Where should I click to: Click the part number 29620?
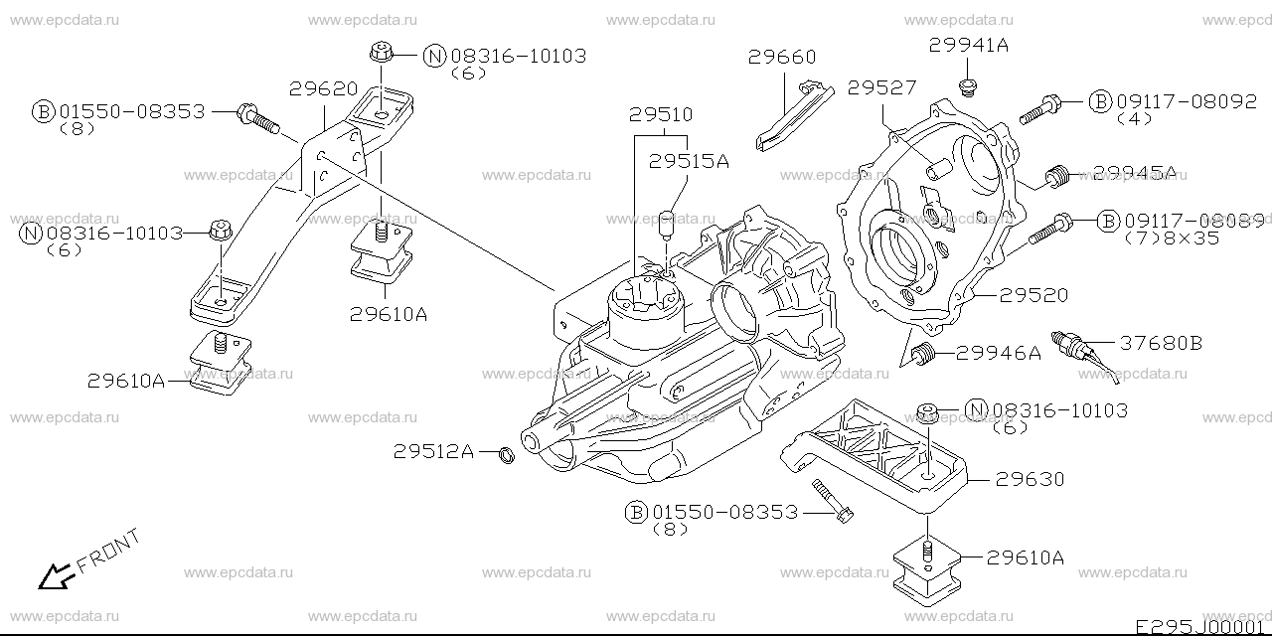[324, 88]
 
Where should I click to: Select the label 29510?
[661, 114]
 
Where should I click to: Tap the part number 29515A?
[689, 161]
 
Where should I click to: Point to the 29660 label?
[782, 57]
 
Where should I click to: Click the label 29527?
[881, 87]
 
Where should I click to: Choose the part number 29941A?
[969, 45]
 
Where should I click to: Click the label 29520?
[1033, 295]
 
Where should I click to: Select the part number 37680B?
[1162, 343]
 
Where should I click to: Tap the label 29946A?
[999, 353]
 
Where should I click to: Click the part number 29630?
[1031, 479]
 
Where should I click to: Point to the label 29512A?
[433, 451]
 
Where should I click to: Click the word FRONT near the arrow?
[108, 551]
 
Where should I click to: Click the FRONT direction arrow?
[55, 575]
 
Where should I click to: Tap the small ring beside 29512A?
[506, 455]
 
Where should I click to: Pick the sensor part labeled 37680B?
[1084, 357]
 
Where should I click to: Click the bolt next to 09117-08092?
[1039, 110]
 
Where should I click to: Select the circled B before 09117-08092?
[1100, 101]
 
